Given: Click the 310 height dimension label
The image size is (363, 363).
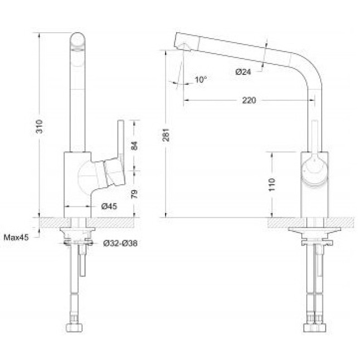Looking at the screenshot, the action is (40, 126).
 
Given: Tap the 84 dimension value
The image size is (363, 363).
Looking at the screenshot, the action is (134, 146).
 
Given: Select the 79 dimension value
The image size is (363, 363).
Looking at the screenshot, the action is (134, 194).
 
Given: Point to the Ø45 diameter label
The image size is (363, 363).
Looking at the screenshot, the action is (109, 206).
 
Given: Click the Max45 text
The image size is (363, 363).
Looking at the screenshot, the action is (16, 237).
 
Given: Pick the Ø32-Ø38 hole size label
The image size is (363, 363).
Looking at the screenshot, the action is (120, 243).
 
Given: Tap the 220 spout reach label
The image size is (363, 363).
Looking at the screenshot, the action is (249, 100).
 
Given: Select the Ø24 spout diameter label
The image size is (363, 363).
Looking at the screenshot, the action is (243, 72).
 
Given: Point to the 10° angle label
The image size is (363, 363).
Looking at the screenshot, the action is (201, 80).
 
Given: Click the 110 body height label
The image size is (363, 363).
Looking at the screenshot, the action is (272, 185).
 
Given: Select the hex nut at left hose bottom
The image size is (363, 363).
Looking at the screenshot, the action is (74, 328).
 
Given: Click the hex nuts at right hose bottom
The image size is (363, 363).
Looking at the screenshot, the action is (314, 328).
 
